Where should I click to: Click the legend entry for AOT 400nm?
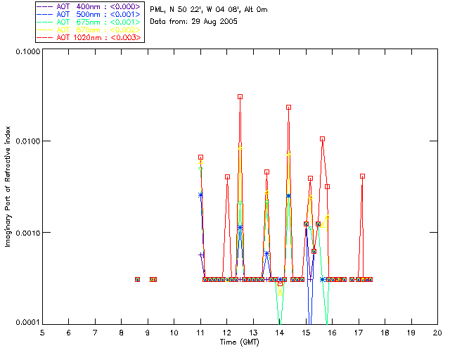click(x=89, y=6)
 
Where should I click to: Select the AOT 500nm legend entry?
click(x=89, y=13)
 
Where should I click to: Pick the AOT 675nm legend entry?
click(x=89, y=22)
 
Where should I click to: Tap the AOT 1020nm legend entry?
click(x=89, y=37)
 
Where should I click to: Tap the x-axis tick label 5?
click(x=42, y=332)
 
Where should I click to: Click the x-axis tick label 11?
click(x=200, y=332)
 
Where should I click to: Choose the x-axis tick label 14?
click(x=280, y=332)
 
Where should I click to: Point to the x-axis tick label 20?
click(x=437, y=332)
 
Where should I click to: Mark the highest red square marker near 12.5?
click(x=240, y=97)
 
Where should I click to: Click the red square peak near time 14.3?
click(x=288, y=108)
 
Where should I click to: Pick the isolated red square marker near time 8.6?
click(x=137, y=279)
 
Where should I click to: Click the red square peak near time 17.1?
click(x=362, y=176)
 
